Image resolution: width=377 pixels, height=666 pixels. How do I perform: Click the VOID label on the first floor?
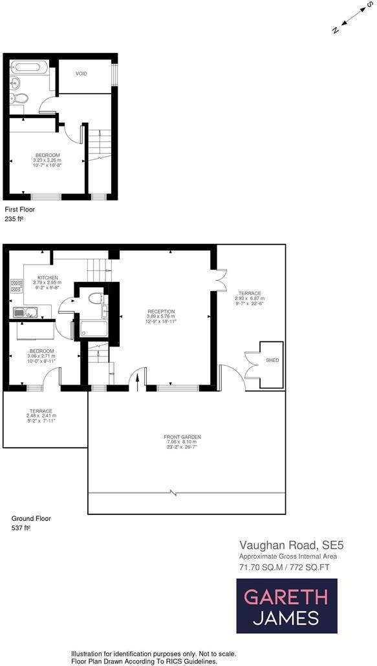(81, 74)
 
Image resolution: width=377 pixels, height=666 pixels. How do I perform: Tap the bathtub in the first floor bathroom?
(30, 67)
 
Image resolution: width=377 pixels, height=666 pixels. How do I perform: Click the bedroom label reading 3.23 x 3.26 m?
(48, 159)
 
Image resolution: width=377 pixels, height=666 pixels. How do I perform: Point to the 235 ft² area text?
(14, 219)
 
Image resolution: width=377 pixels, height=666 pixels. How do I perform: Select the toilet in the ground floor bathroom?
(96, 298)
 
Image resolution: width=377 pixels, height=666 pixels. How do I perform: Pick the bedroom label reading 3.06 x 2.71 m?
(41, 356)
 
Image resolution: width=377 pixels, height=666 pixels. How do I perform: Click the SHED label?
(272, 360)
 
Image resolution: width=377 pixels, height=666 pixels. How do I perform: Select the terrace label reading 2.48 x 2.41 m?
(39, 416)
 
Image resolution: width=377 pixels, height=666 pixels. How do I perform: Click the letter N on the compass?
(335, 30)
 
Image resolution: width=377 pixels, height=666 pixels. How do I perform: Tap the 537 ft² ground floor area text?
(21, 527)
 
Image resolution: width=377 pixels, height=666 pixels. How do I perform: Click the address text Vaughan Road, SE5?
(283, 545)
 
